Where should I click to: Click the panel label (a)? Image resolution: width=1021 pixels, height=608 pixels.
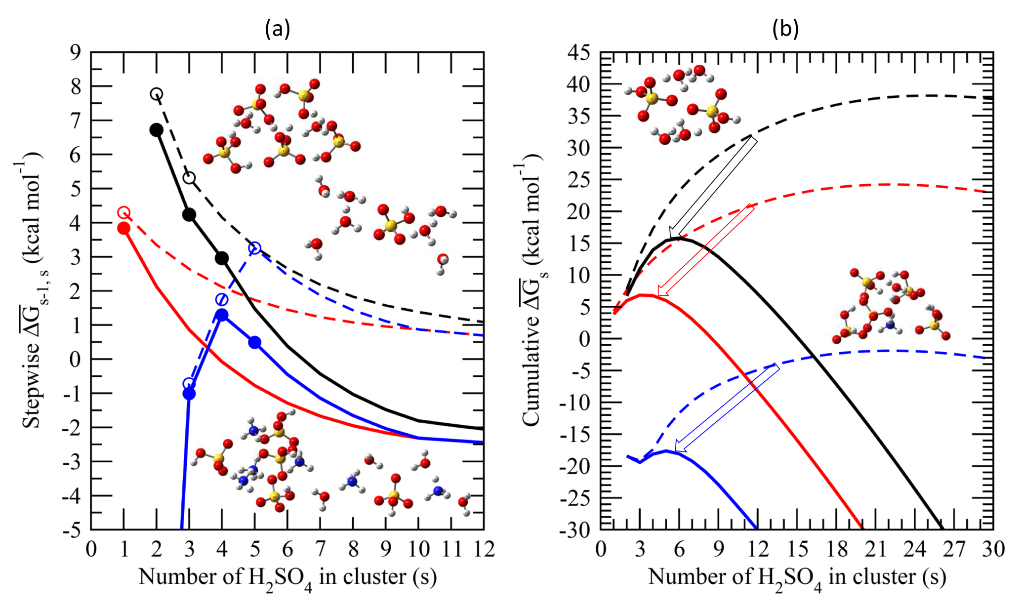click(x=277, y=30)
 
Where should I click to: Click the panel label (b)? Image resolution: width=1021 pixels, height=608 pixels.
click(x=785, y=30)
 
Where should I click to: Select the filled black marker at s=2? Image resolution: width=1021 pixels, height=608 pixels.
click(x=156, y=130)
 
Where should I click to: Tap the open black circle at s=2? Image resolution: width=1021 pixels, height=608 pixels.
click(x=157, y=94)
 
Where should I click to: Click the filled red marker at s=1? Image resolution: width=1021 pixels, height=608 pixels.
click(x=123, y=228)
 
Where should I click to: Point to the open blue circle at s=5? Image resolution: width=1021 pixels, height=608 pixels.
click(x=254, y=248)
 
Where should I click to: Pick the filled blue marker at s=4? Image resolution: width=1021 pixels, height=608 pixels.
click(x=222, y=315)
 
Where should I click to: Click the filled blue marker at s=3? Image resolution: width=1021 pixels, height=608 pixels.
click(x=189, y=394)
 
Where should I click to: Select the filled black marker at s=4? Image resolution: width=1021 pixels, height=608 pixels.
click(x=222, y=258)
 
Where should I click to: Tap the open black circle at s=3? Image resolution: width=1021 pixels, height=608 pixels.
click(x=189, y=178)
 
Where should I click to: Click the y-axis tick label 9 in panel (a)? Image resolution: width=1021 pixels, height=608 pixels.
click(x=75, y=52)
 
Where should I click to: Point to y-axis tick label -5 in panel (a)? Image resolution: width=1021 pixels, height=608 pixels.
click(x=72, y=530)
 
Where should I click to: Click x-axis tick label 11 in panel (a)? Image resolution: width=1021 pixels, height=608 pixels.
click(x=451, y=549)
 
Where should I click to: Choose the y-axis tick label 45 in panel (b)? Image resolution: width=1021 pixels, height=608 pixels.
click(x=578, y=52)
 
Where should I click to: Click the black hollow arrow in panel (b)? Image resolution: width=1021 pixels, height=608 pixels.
click(x=713, y=188)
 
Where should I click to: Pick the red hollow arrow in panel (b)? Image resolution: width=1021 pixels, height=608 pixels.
click(x=706, y=250)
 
